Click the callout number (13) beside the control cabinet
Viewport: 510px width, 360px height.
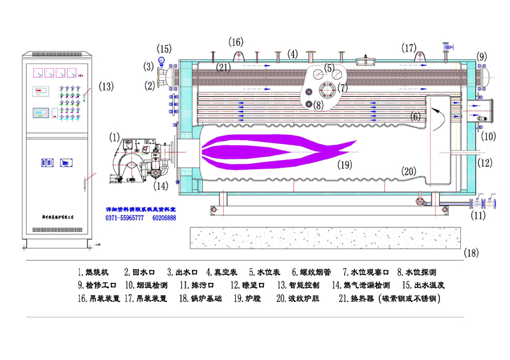click(106, 86)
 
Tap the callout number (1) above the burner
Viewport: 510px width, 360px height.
click(114, 136)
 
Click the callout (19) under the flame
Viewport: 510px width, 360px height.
click(345, 164)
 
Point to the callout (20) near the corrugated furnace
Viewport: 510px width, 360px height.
click(409, 170)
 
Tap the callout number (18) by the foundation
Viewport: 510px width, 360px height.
click(471, 252)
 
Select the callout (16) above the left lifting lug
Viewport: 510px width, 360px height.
click(237, 41)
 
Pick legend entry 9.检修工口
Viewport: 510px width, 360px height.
click(96, 285)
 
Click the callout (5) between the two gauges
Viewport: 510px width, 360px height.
click(329, 68)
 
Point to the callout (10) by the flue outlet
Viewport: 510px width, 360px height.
click(488, 136)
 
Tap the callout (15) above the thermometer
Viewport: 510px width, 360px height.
click(164, 48)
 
